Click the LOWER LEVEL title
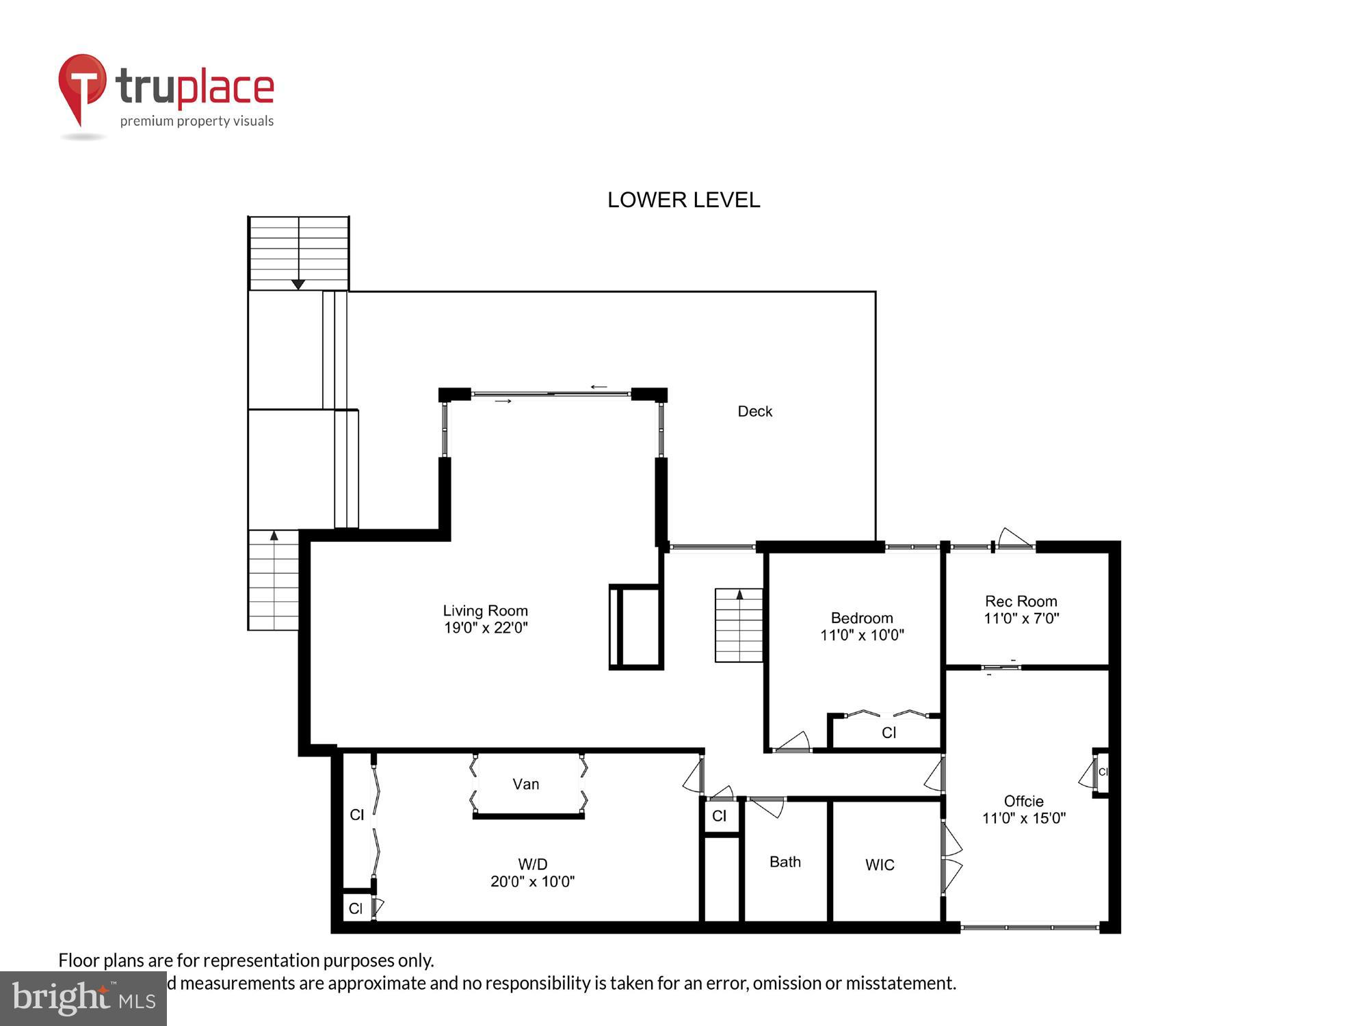click(683, 200)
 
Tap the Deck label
click(754, 411)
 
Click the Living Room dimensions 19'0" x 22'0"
click(486, 628)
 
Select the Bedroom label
click(861, 618)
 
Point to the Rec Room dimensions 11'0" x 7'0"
click(1021, 618)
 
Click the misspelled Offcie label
click(1023, 801)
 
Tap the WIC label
click(879, 865)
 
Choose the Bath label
click(785, 862)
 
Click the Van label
click(525, 784)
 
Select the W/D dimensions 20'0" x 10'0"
click(532, 882)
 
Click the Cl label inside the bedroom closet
click(889, 733)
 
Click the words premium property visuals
click(197, 121)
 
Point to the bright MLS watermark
click(83, 998)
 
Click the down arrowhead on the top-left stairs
click(298, 284)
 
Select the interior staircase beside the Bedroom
click(739, 625)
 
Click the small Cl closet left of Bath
click(720, 816)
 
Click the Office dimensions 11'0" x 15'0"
click(1023, 818)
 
